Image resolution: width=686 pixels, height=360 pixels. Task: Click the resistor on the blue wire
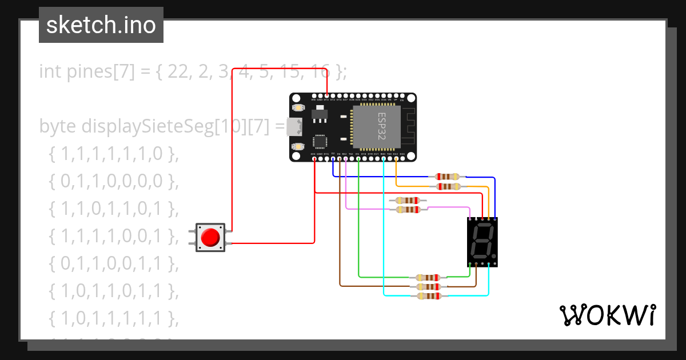point(447,177)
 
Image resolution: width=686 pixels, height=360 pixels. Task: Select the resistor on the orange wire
point(447,186)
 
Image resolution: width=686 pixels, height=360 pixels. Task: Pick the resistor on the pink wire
point(408,209)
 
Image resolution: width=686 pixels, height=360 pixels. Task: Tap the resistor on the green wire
point(428,277)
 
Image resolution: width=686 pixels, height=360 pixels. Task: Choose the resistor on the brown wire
point(428,286)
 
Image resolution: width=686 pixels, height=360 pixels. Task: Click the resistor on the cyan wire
point(428,295)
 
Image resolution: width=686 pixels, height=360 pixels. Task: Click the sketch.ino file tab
point(101,25)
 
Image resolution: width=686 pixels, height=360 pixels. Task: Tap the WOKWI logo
point(607,315)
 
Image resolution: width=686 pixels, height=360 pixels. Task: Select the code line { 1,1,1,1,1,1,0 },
point(114,154)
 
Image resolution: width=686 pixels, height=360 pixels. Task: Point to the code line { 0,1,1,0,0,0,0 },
point(114,181)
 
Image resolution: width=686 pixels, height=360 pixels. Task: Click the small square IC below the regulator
point(320,142)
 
